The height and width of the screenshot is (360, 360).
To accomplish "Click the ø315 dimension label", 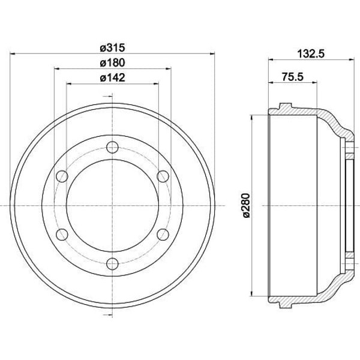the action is coord(113,47).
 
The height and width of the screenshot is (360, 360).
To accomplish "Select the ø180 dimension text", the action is coord(113,62).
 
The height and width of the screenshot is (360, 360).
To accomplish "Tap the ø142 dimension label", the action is coord(113,77).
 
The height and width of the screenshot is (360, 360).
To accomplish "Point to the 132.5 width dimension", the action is coord(311,54).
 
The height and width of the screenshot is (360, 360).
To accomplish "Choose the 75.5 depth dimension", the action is coord(293,77).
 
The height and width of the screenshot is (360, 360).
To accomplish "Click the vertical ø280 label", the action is coord(246,205).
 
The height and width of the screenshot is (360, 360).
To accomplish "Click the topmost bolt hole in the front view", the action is coord(113,147).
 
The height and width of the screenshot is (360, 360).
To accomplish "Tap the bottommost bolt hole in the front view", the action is coord(113,263).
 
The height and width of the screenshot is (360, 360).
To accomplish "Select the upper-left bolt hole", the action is coord(62,176).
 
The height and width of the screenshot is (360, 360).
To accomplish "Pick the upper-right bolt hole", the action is coord(163,176).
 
